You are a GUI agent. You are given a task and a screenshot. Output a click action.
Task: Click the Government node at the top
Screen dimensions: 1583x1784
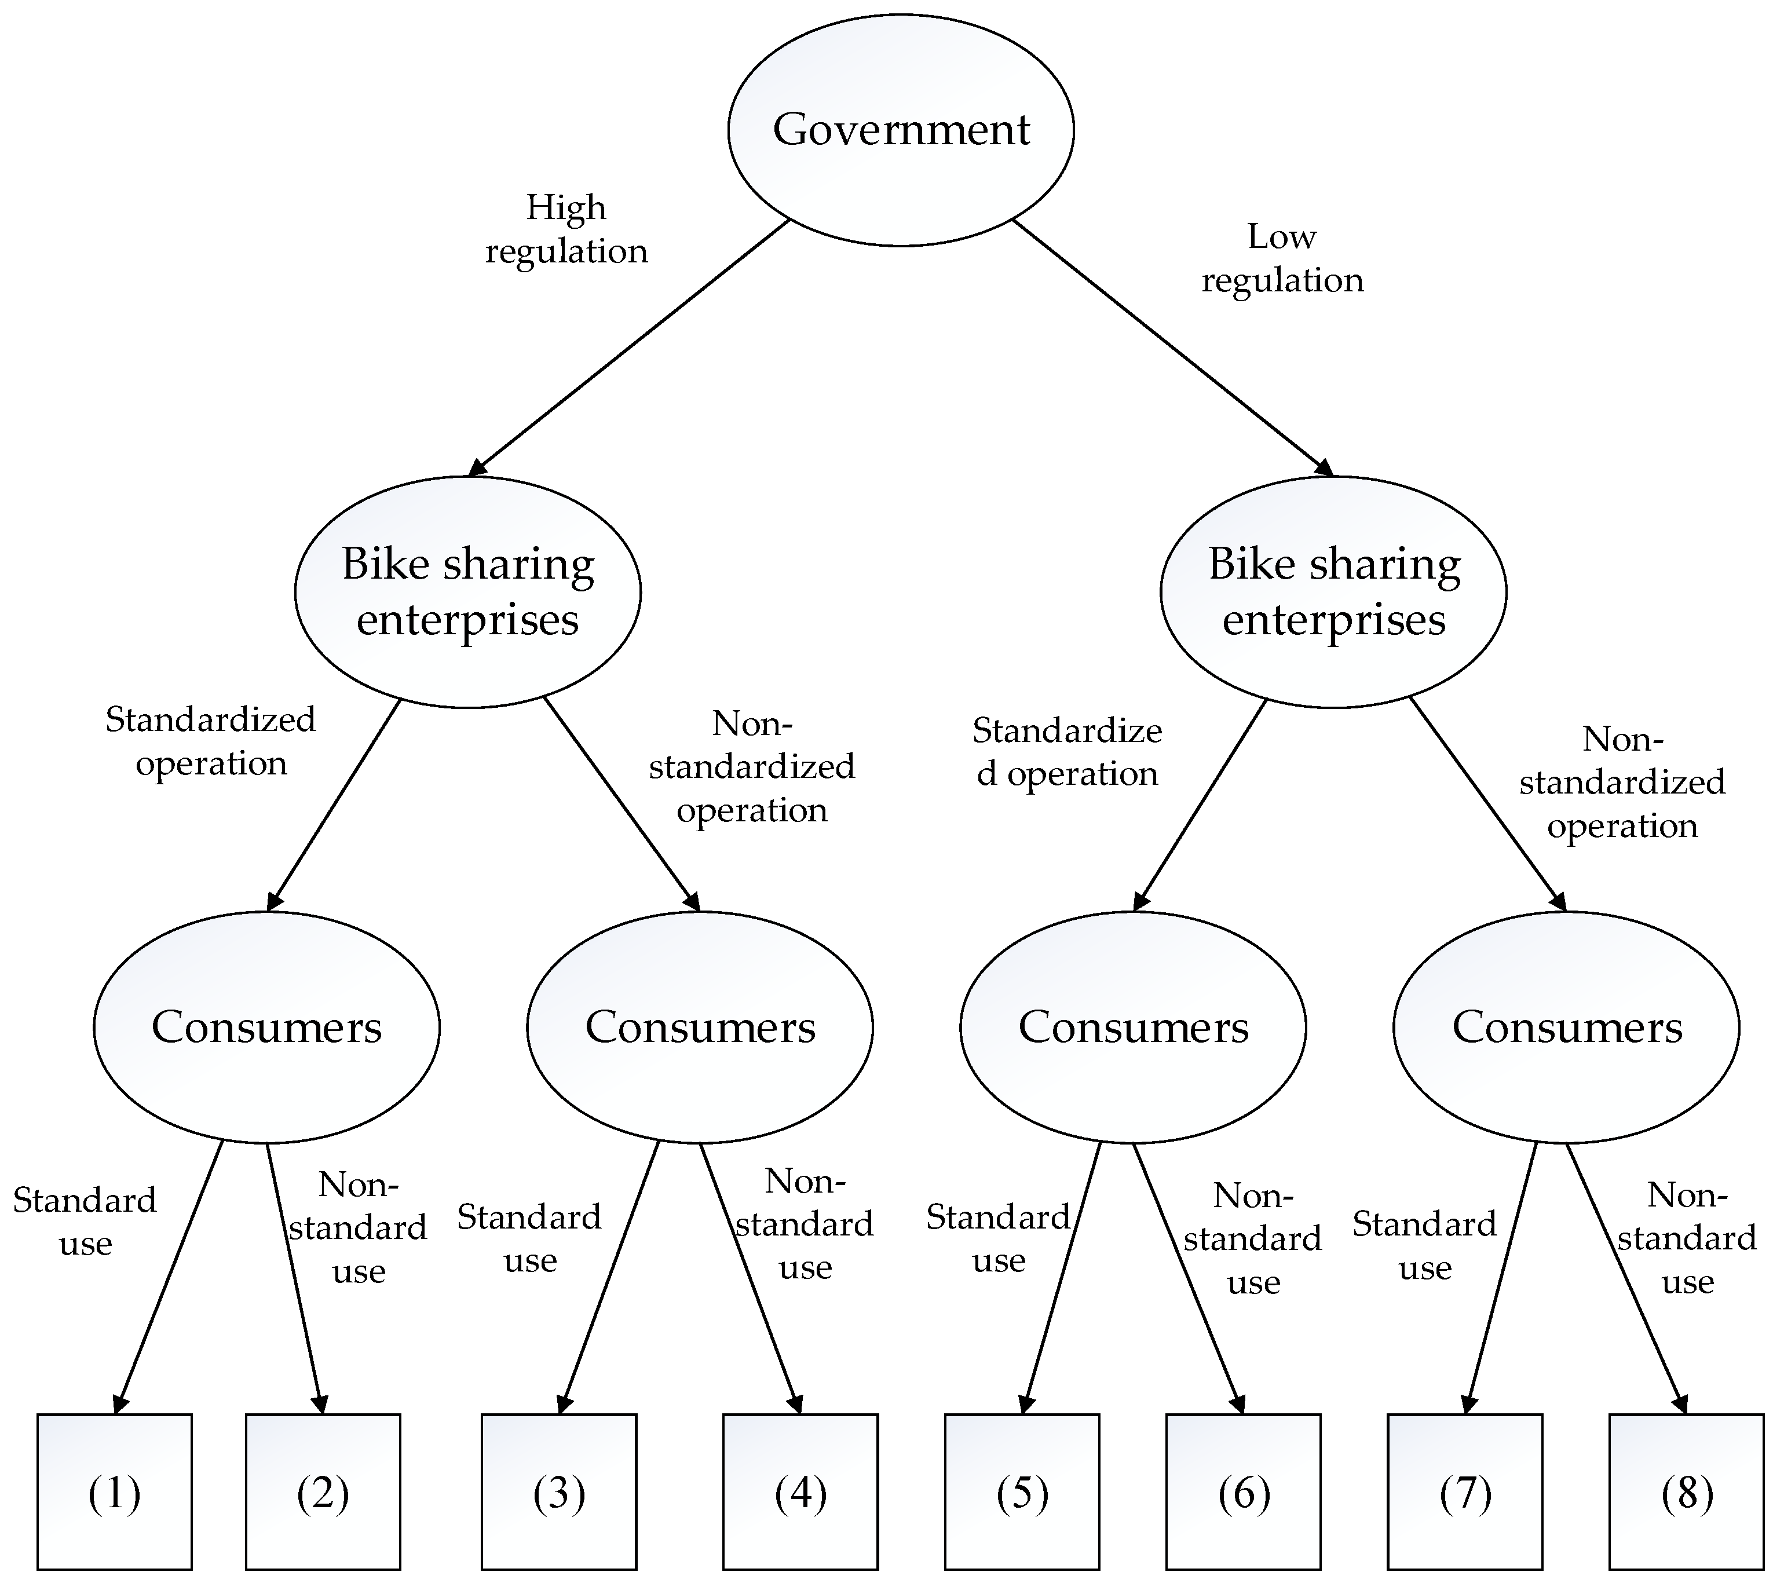901,129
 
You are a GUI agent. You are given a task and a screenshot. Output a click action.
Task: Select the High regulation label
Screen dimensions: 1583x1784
565,229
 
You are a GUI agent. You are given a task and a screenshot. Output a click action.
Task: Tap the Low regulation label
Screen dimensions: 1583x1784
1281,258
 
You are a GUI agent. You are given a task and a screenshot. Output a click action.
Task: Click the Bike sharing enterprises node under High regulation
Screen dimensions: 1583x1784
468,591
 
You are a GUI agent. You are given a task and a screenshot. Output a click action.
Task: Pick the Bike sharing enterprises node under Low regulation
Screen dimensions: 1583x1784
1333,591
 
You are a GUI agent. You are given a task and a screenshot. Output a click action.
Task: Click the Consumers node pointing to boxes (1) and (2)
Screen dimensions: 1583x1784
266,1027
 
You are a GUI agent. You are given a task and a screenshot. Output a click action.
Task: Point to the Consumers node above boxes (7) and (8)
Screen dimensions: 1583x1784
1567,1027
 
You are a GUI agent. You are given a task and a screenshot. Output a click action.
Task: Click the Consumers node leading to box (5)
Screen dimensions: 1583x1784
1133,1027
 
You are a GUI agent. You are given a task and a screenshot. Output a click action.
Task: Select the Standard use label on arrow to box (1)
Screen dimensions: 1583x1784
85,1221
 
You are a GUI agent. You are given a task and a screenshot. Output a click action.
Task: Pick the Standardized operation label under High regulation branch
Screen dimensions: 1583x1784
210,741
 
